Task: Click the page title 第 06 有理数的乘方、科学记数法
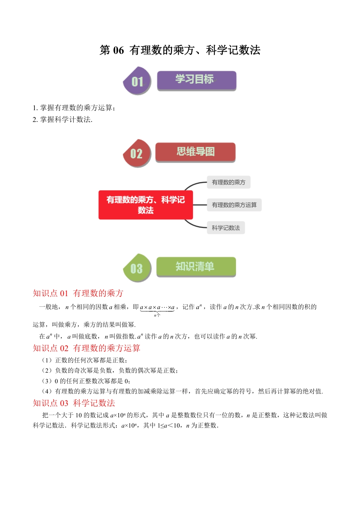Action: click(180, 50)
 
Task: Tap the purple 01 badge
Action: click(137, 81)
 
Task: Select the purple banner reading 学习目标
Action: click(196, 80)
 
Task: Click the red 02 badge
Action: click(137, 153)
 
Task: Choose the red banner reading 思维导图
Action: click(195, 152)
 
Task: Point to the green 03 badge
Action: click(137, 269)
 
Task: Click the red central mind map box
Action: click(146, 205)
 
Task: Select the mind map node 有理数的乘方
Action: click(229, 182)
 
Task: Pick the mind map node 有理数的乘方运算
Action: click(234, 205)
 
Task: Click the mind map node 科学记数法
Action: click(226, 228)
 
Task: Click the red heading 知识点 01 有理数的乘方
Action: click(78, 293)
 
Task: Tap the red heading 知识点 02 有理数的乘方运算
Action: click(86, 348)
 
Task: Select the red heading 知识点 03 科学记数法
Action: click(74, 403)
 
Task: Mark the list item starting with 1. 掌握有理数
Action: click(74, 108)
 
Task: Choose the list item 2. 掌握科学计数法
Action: click(63, 120)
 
